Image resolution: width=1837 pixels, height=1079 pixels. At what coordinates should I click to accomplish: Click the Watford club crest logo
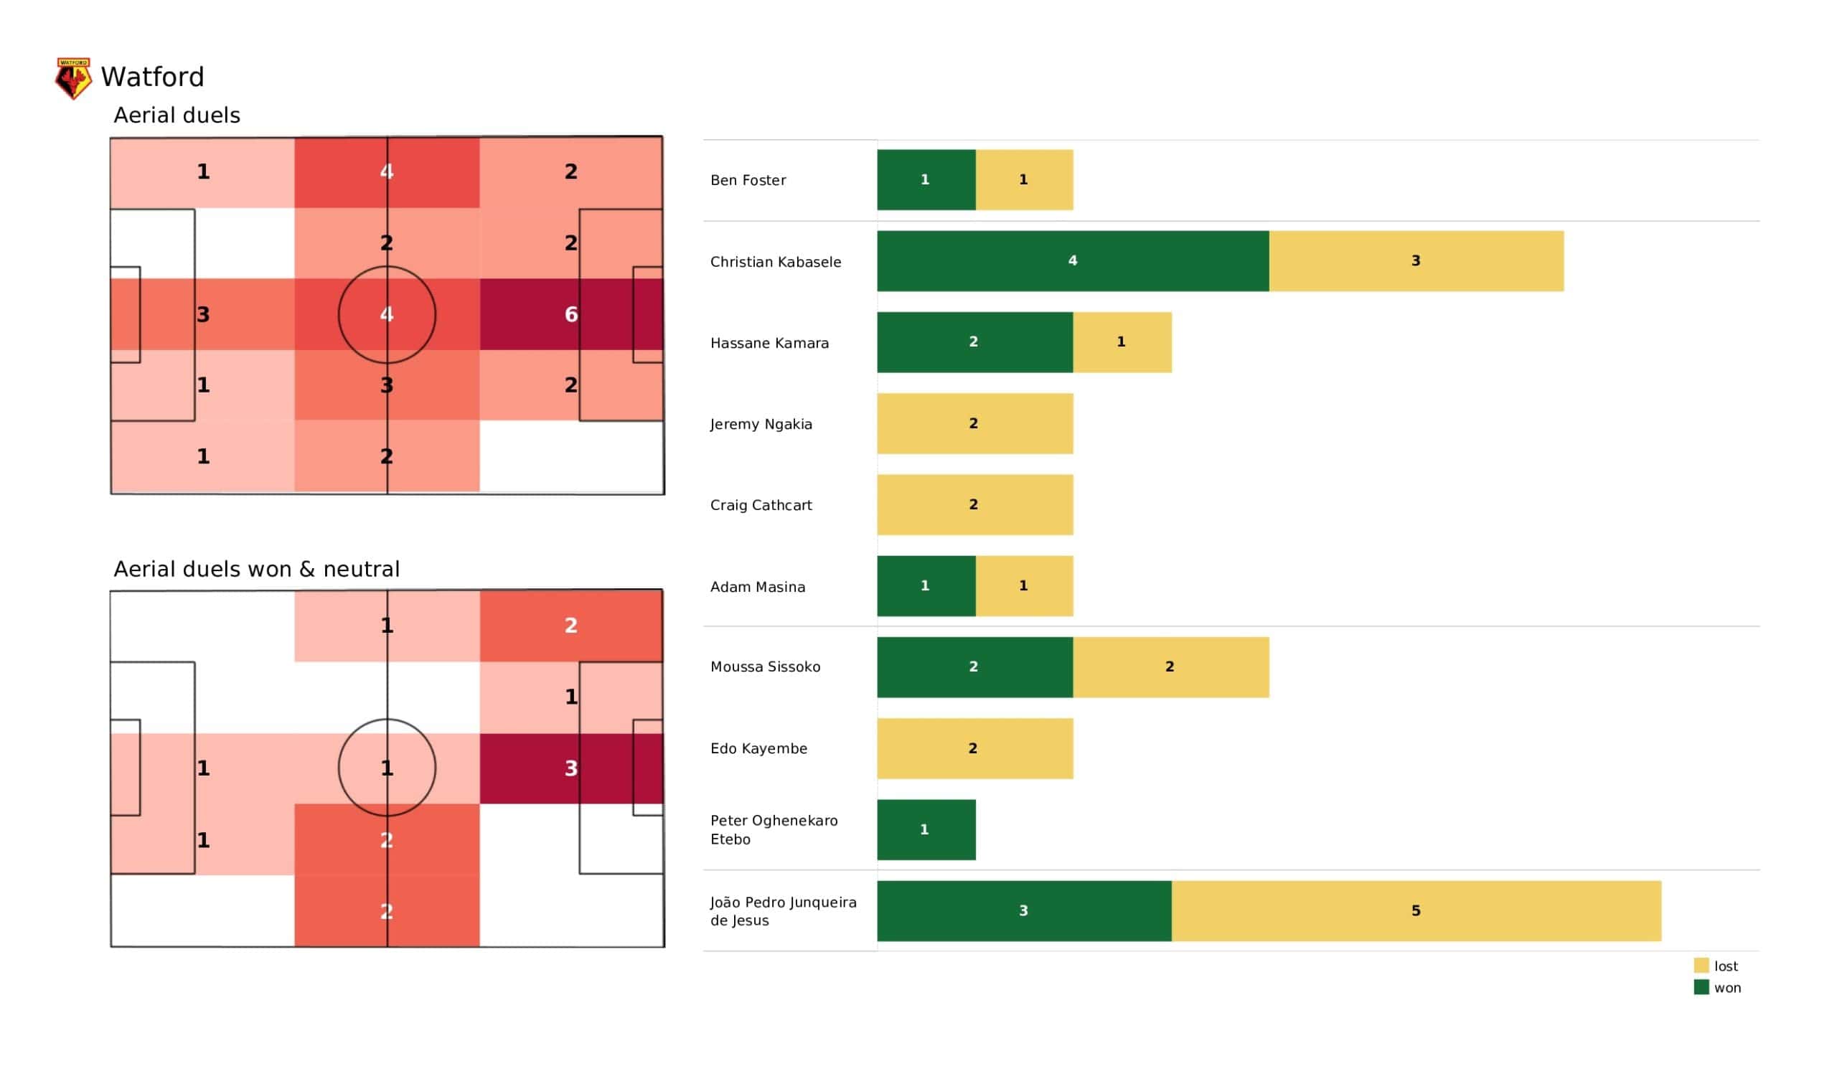[x=74, y=78]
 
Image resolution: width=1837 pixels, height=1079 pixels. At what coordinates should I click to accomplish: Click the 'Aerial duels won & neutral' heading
[x=257, y=570]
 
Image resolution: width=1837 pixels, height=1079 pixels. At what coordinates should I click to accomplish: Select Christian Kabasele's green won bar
[x=1072, y=261]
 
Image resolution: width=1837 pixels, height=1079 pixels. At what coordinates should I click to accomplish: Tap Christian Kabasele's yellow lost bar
[x=1416, y=261]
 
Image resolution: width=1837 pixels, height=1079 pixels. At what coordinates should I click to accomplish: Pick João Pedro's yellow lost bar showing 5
[x=1416, y=910]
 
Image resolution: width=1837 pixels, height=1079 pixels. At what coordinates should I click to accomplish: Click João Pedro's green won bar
[x=1023, y=910]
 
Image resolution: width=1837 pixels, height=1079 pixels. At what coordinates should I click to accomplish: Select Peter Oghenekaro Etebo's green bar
[x=926, y=829]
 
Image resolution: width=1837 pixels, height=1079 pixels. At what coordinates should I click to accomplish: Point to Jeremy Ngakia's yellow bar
[x=974, y=423]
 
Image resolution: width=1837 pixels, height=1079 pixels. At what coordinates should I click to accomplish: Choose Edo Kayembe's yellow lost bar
[x=974, y=749]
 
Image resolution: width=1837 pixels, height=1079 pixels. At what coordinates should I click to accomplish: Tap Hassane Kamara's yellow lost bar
[x=1122, y=342]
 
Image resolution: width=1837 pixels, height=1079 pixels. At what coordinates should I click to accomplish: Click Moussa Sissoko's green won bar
[x=974, y=667]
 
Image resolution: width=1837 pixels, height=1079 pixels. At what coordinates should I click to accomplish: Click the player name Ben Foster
[x=748, y=180]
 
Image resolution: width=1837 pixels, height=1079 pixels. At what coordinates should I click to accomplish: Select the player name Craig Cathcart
[x=761, y=505]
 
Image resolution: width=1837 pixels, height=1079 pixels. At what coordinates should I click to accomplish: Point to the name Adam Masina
[x=757, y=587]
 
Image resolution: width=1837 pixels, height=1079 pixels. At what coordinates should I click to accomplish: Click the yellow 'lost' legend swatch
[x=1701, y=966]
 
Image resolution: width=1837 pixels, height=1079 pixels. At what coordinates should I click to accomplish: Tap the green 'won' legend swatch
[x=1701, y=988]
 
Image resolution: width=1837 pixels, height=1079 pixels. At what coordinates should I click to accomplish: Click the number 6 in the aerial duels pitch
[x=570, y=314]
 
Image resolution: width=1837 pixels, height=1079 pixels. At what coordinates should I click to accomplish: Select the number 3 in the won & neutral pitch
[x=570, y=768]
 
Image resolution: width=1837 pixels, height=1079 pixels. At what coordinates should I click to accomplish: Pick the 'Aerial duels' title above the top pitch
[x=177, y=116]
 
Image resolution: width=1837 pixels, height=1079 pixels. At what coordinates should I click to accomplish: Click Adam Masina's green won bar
[x=926, y=586]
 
